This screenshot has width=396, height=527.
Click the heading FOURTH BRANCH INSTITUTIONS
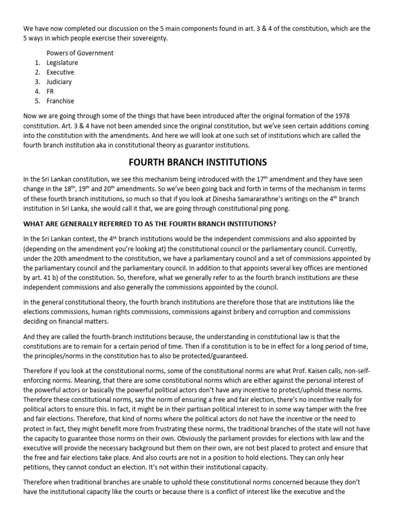click(x=197, y=162)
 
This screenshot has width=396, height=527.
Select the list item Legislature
click(x=62, y=63)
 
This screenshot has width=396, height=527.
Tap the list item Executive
click(x=60, y=72)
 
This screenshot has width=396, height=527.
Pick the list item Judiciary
click(x=59, y=82)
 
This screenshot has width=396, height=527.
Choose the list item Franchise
click(x=60, y=101)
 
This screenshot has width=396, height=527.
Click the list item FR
click(x=50, y=92)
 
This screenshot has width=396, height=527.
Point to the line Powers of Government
click(x=80, y=53)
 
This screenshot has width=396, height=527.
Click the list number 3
click(x=37, y=82)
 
